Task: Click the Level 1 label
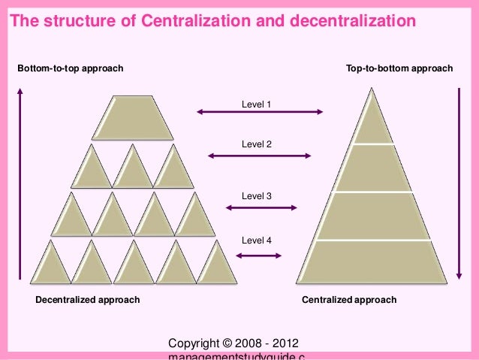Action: tap(256, 104)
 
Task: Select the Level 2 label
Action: tap(256, 144)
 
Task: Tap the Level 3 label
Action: tap(256, 196)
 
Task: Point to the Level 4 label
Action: tap(256, 241)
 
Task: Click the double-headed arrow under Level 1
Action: tap(260, 113)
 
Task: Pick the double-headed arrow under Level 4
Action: tap(259, 256)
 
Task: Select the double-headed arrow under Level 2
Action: tap(259, 156)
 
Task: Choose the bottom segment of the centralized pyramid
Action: tap(373, 262)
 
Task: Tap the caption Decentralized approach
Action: tap(88, 300)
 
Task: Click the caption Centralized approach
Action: tap(349, 300)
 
